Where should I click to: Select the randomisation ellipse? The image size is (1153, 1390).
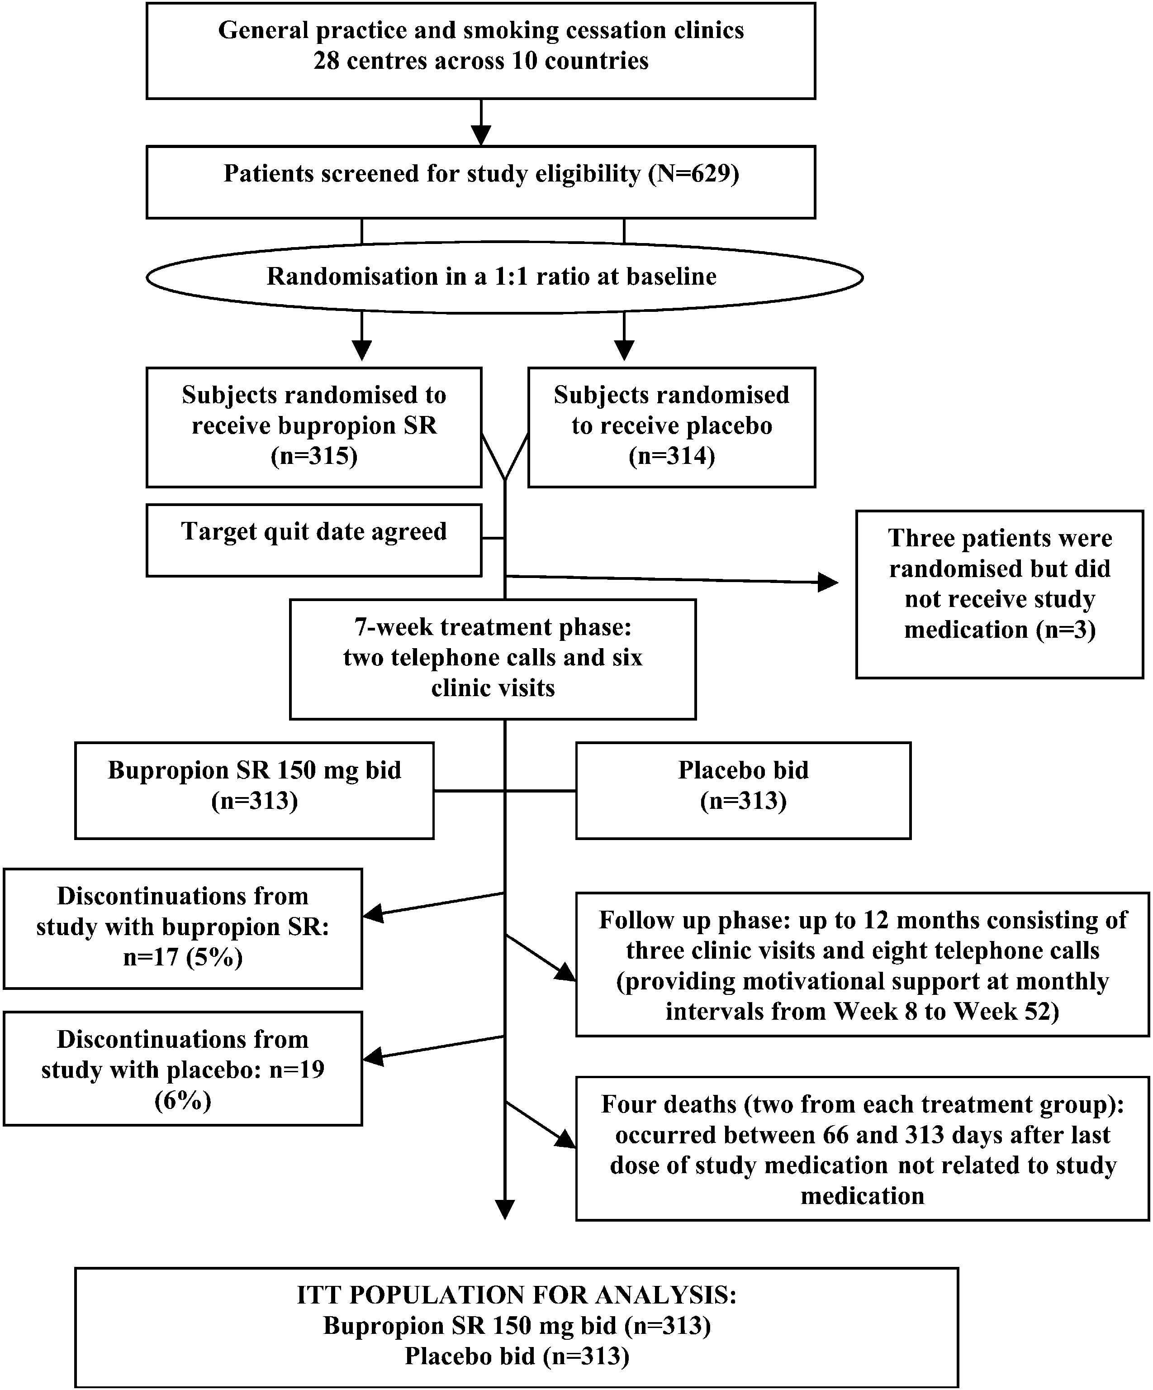tap(505, 277)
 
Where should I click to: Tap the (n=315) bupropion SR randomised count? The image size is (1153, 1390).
tap(314, 456)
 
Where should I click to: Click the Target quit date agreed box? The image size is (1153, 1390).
tap(314, 540)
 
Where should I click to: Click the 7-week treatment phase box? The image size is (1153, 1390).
tap(493, 659)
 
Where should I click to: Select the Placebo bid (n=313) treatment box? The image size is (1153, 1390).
tap(744, 790)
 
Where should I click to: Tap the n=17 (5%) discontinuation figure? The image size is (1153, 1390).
tap(183, 957)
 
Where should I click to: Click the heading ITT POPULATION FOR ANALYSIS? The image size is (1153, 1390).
tap(517, 1294)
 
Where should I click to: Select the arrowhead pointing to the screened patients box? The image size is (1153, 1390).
tap(481, 136)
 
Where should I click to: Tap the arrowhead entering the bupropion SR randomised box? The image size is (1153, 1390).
tap(362, 351)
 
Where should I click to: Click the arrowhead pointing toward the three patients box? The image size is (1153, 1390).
tap(828, 583)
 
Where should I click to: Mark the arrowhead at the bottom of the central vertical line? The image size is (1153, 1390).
tap(505, 1209)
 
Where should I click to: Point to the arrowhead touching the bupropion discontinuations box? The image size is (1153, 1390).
tap(374, 915)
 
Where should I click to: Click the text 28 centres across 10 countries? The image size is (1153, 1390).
tap(481, 61)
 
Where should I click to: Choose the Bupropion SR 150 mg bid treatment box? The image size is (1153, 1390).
tap(255, 790)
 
